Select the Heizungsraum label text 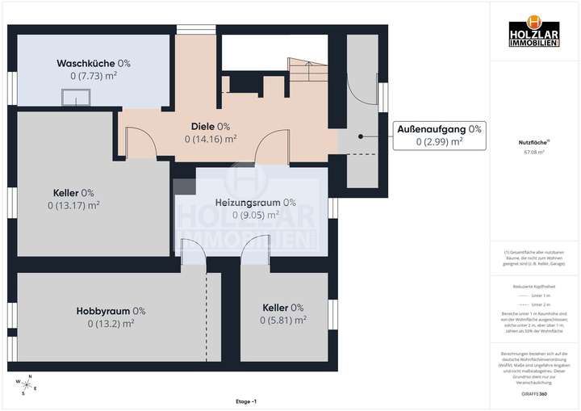click(255, 202)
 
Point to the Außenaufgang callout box click(439, 135)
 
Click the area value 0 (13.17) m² click(73, 206)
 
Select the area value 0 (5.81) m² click(282, 321)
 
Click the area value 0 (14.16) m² click(210, 139)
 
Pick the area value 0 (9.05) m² click(255, 215)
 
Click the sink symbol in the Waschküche click(78, 99)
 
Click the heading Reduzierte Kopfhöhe click(533, 286)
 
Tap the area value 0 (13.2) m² click(111, 324)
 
